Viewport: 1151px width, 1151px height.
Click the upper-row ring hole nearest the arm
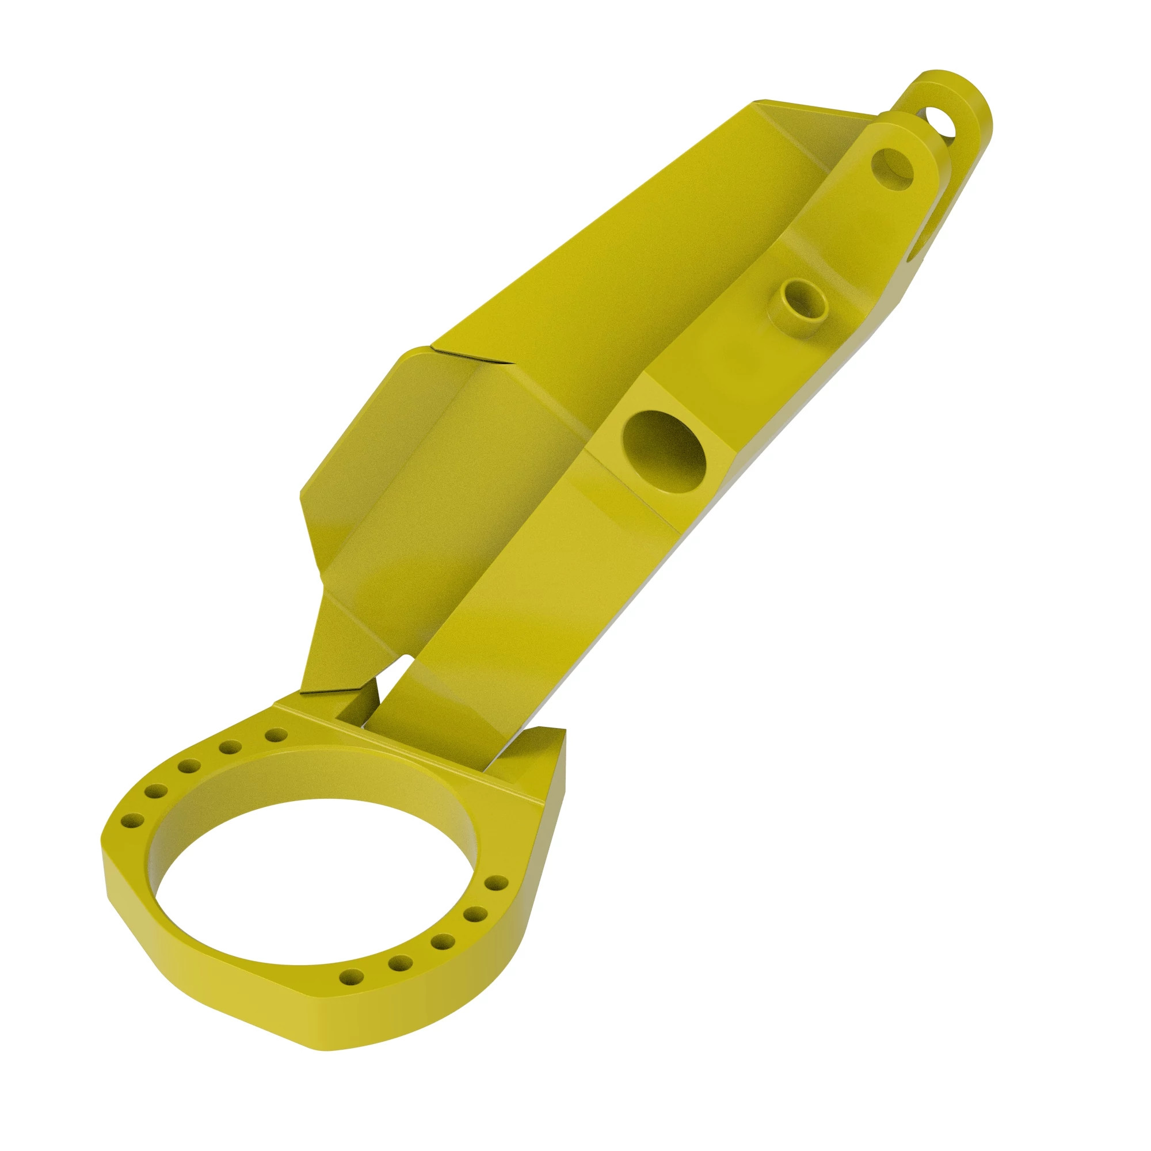pos(274,735)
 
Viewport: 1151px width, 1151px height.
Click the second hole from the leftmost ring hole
pos(155,791)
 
